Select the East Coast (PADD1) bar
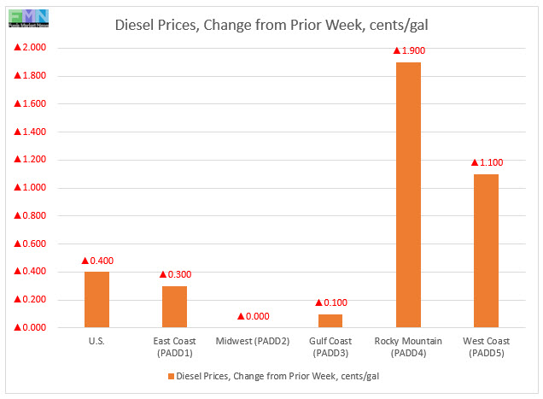tap(174, 306)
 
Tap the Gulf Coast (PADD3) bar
tap(330, 320)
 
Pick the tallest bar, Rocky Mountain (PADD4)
tap(408, 195)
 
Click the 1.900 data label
tap(409, 50)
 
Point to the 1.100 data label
tap(487, 161)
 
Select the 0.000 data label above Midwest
tap(253, 316)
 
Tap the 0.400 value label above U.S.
tap(97, 260)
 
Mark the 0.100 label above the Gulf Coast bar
tap(331, 302)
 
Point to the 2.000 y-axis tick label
tap(30, 48)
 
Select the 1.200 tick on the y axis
tap(30, 160)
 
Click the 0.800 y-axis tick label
tap(30, 216)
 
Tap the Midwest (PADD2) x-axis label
tap(253, 340)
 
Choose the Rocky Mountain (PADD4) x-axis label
tap(408, 346)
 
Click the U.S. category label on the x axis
tap(96, 340)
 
